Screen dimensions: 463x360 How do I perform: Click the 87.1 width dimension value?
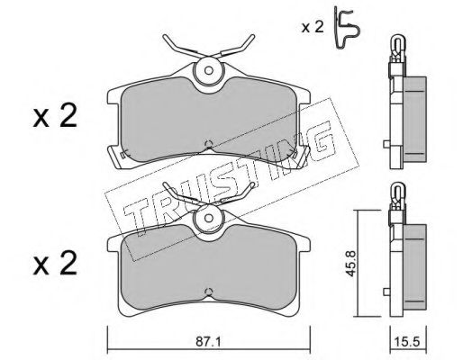(x=208, y=341)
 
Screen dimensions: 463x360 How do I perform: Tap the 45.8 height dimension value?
(x=350, y=264)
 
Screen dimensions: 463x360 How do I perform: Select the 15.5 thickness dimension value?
(x=408, y=342)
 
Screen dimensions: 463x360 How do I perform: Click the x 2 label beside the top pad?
(x=55, y=116)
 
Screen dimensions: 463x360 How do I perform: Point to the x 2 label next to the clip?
(x=313, y=28)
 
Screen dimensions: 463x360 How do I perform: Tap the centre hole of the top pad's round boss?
(x=209, y=71)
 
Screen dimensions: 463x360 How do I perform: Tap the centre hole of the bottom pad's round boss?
(x=209, y=218)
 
